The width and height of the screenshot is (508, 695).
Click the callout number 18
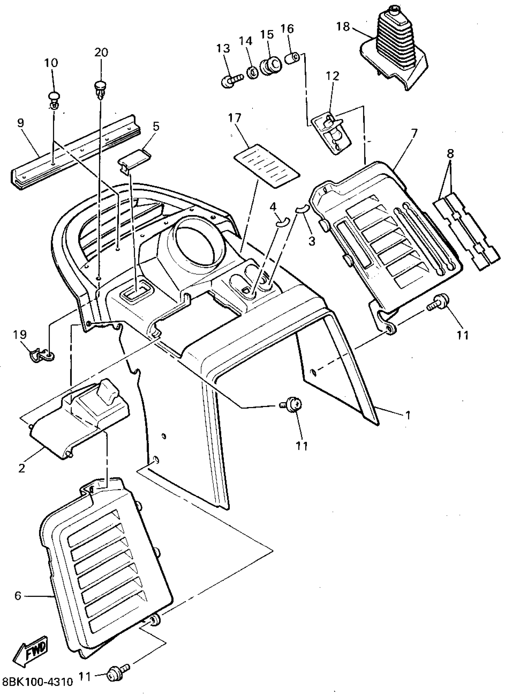tap(343, 27)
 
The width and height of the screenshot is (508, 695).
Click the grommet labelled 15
tap(271, 66)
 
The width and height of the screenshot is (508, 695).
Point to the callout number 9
tap(21, 123)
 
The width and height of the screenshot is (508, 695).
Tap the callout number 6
tap(18, 596)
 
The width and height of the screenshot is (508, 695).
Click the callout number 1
tap(408, 415)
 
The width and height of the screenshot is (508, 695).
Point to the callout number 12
tap(333, 76)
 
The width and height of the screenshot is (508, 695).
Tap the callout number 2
tap(22, 468)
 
